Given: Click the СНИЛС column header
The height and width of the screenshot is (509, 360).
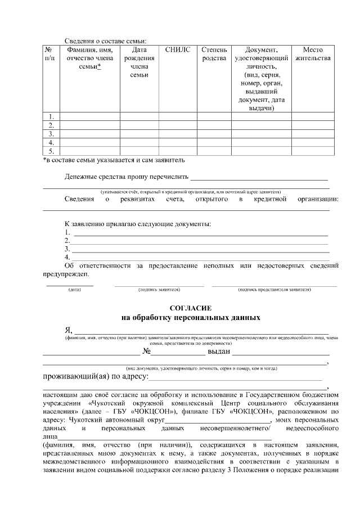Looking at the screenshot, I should [178, 50].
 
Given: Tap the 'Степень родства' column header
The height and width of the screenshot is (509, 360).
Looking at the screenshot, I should [214, 54].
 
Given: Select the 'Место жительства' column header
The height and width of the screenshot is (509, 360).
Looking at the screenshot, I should [312, 54].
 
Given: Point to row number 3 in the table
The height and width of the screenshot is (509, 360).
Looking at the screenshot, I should [51, 134].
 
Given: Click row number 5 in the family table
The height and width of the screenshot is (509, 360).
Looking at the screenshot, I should [51, 151].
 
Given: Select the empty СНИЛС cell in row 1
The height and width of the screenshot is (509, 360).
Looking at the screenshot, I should [178, 117].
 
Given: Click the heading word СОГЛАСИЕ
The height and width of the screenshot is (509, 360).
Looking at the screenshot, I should [191, 308].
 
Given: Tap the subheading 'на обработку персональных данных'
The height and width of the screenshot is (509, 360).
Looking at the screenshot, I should [191, 317].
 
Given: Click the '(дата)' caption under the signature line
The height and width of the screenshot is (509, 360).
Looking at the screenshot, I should [75, 290].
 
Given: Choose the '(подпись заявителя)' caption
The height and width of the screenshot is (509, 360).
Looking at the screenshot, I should [159, 290].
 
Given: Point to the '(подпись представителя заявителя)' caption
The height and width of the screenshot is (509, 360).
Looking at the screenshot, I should [274, 290].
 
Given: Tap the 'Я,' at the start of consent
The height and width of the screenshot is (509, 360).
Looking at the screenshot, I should [69, 330].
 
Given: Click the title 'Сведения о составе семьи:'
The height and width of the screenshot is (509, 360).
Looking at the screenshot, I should [105, 40].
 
